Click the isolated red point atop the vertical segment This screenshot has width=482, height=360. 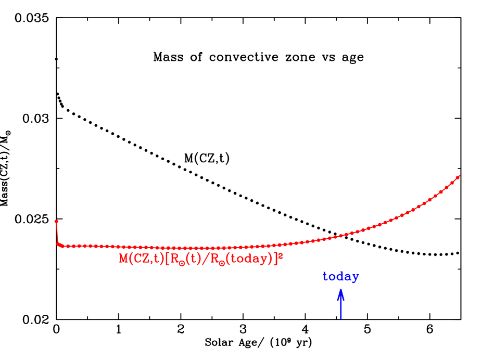[56, 222]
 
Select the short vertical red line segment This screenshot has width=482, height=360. [57, 233]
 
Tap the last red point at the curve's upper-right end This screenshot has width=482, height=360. [459, 176]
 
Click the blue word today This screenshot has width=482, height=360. [340, 277]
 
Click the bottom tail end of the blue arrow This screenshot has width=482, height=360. [341, 318]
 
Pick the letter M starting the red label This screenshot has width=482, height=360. [124, 259]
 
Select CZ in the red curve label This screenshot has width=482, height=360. [139, 259]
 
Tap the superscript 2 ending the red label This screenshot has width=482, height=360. [281, 255]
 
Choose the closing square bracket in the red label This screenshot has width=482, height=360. [275, 259]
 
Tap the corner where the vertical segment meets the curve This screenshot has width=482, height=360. [58, 243]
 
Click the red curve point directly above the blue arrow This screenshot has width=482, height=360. [341, 236]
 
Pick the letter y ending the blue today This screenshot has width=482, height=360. [355, 278]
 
